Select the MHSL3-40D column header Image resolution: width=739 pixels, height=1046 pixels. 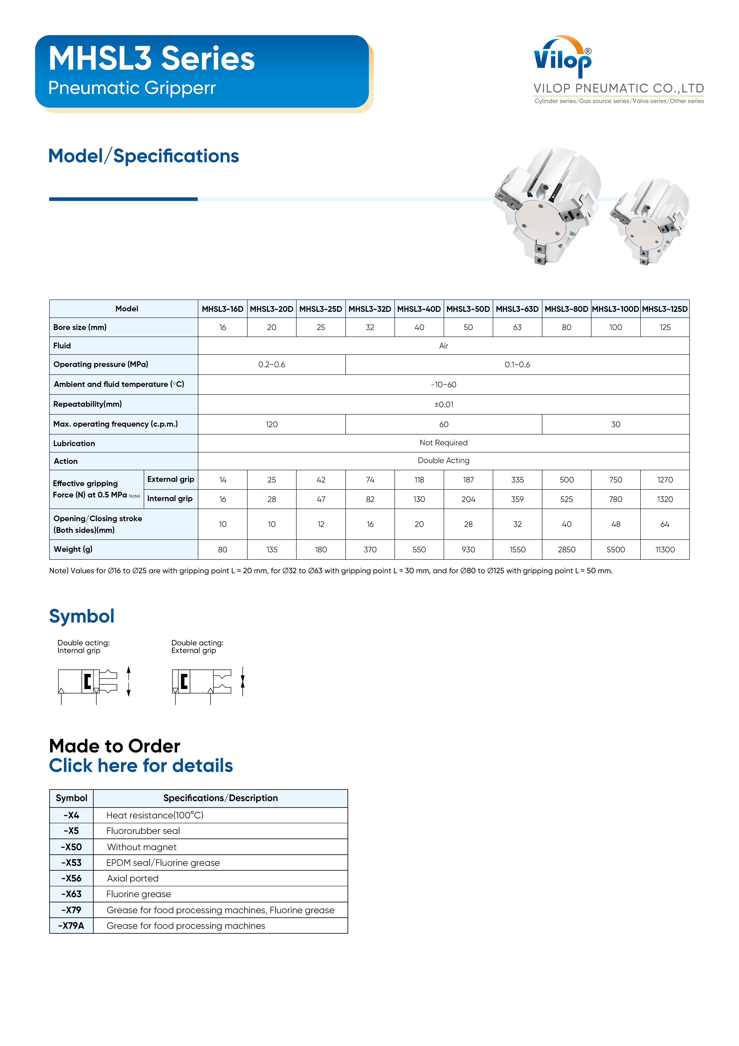(x=419, y=309)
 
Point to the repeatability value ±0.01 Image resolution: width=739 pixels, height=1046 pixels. (x=443, y=405)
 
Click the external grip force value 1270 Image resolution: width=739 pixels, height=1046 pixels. (x=665, y=480)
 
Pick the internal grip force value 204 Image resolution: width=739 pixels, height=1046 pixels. (x=468, y=499)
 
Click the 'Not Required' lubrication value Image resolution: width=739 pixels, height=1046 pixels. (x=443, y=443)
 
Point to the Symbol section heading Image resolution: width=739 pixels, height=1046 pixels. (x=82, y=616)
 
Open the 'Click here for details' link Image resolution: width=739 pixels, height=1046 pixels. (x=141, y=766)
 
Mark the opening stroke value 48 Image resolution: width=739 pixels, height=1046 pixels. (x=616, y=524)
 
